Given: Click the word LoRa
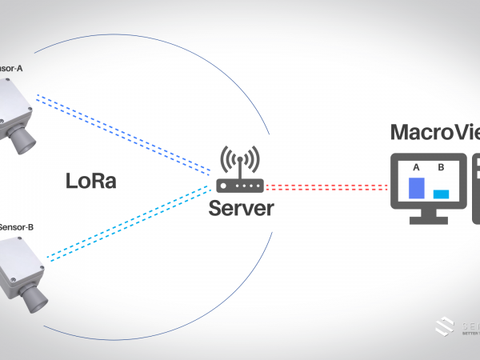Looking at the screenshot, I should [x=90, y=182].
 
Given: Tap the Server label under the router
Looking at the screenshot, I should [x=241, y=210].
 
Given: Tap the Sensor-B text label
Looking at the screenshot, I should [x=16, y=227].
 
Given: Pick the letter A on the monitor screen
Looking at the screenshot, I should [x=416, y=167].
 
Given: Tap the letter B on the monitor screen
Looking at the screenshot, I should [x=441, y=168].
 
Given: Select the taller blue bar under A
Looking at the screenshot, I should [x=416, y=188].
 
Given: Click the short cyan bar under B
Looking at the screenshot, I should [x=441, y=194].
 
